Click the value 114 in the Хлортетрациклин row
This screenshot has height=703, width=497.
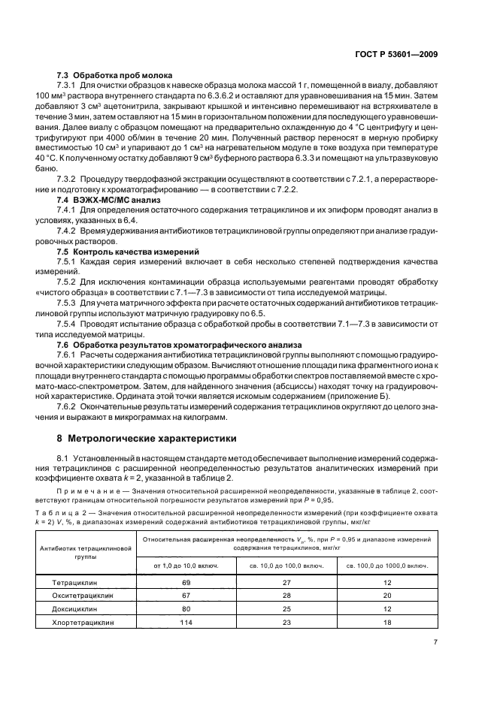(186, 622)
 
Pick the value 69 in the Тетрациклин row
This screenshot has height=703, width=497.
(186, 583)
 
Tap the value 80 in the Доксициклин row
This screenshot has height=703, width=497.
(186, 609)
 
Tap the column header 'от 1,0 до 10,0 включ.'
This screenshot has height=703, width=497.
(186, 564)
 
